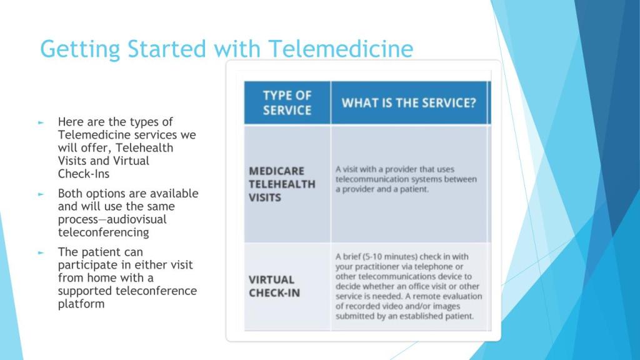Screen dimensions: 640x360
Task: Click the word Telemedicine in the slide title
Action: pyautogui.click(x=341, y=49)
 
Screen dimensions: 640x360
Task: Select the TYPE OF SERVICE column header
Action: pyautogui.click(x=287, y=103)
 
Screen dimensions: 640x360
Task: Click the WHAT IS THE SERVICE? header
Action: pyautogui.click(x=409, y=103)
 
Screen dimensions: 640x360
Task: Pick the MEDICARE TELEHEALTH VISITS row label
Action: pyautogui.click(x=282, y=184)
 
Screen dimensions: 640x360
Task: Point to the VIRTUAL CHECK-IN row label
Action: pyautogui.click(x=274, y=286)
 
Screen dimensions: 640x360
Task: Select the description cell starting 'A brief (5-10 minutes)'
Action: pyautogui.click(x=409, y=286)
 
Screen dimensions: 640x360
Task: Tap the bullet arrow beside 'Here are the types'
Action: pyautogui.click(x=41, y=122)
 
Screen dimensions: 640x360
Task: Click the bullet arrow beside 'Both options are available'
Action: pyautogui.click(x=41, y=194)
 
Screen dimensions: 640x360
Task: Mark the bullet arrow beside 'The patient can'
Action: pyautogui.click(x=41, y=252)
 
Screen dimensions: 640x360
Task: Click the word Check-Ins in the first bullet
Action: pyautogui.click(x=84, y=174)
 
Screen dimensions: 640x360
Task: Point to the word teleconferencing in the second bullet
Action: pyautogui.click(x=104, y=232)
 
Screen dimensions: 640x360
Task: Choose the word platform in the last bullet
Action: pyautogui.click(x=81, y=304)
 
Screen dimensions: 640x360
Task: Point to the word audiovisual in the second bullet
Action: pyautogui.click(x=136, y=219)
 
